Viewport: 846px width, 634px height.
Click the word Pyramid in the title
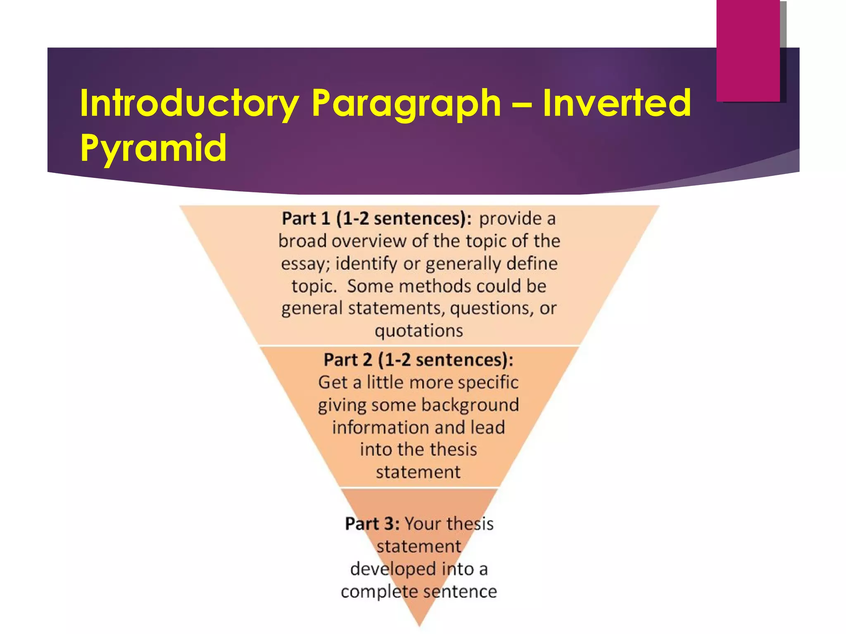153,147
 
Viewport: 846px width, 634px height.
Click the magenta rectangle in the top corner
748,50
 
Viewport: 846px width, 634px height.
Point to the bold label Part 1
306,219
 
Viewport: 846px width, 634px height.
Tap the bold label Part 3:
372,524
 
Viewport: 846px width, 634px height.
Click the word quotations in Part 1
419,331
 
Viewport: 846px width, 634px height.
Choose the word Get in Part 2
332,382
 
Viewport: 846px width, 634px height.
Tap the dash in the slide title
521,104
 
